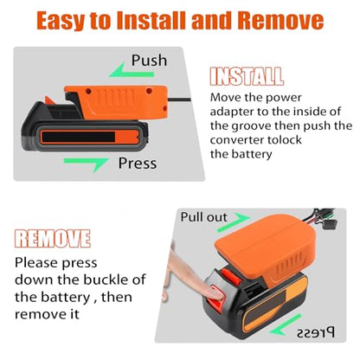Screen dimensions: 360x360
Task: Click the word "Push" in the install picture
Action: pos(149,61)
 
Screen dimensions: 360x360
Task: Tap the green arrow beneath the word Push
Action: pos(132,70)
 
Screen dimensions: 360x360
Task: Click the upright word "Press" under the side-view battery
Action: pos(138,164)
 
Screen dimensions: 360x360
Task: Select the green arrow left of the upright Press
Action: pos(87,164)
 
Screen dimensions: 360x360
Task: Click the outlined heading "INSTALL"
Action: pos(247,76)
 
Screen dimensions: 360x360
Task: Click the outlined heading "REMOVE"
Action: pos(53,239)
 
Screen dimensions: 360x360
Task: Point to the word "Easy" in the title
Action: pos(61,21)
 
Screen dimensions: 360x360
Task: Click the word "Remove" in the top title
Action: pos(280,20)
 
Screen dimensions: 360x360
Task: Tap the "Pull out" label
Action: pos(204,217)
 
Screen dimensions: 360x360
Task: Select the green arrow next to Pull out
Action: pos(234,222)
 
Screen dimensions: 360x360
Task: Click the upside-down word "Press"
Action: pos(316,332)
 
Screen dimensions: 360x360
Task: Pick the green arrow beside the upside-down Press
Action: pos(286,325)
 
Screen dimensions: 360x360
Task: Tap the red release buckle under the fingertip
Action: pos(217,297)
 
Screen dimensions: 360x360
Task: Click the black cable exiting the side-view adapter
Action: pos(179,100)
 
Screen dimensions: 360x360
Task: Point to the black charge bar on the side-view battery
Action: pos(79,137)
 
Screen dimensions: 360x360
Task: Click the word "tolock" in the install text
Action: pos(285,140)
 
